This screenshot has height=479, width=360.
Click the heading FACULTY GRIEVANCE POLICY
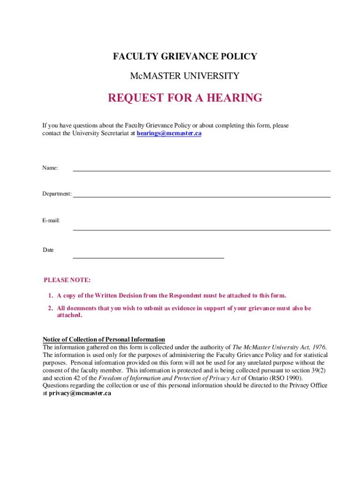coord(185,57)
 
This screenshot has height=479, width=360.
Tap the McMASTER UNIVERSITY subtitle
coord(185,76)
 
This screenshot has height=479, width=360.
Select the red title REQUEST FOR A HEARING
coord(185,98)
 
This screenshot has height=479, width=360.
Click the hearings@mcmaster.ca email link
coord(169,133)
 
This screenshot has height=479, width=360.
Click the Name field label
coord(50,168)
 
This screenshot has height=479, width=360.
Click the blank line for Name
coord(202,170)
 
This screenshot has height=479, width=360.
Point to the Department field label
coord(57,194)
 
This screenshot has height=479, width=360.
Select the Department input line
coord(202,196)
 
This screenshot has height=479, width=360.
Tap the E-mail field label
coord(51,220)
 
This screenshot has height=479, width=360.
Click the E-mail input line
coord(202,229)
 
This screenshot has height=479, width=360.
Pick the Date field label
coord(49,250)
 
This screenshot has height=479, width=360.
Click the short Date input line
coord(148,257)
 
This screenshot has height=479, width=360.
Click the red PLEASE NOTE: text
coord(67,280)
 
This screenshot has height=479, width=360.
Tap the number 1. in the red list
coord(50,296)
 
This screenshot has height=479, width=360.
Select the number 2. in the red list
coord(50,308)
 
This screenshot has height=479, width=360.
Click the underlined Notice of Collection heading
coord(104,340)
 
